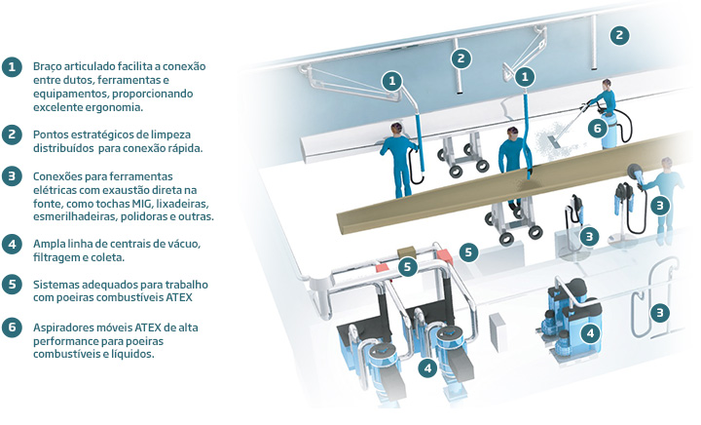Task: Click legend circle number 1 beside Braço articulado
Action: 12,67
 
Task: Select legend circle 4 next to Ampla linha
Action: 12,245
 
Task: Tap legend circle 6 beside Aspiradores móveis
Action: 12,328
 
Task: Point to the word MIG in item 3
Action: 142,204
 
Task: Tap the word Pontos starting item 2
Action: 49,135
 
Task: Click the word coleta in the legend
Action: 109,257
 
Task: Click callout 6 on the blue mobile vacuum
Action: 598,129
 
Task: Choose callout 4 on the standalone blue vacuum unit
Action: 591,333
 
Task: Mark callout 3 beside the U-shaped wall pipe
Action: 659,313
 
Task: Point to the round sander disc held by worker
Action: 634,171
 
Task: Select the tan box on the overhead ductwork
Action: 406,251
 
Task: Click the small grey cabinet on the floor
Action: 498,331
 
